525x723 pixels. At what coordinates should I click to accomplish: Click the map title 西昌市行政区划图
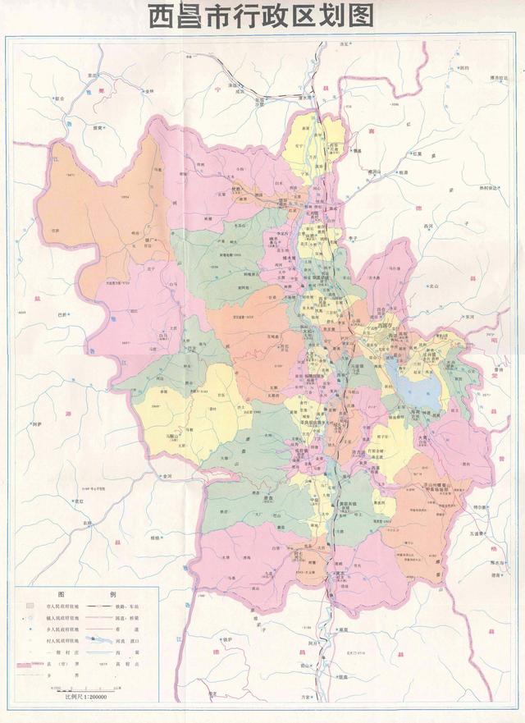coord(261,16)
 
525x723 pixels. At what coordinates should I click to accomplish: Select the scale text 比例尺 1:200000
coord(86,695)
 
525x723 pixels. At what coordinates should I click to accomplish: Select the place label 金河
coord(167,475)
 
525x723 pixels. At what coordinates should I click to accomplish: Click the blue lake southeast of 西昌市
coord(422,389)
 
